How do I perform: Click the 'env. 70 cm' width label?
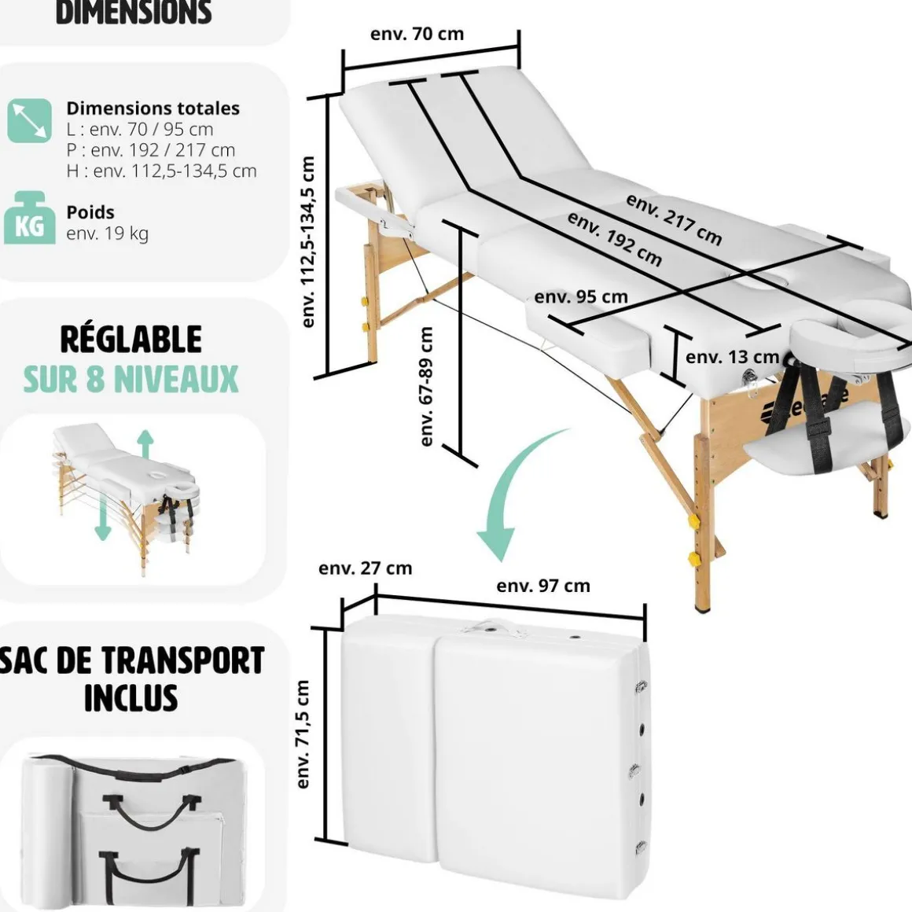click(417, 34)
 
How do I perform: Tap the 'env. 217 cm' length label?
click(674, 219)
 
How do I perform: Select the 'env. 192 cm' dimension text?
click(615, 239)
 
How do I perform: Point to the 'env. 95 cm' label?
click(581, 297)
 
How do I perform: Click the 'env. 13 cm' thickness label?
click(732, 357)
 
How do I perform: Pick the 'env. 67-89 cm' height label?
click(427, 386)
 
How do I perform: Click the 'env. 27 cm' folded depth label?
click(365, 568)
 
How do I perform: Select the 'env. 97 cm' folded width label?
click(542, 586)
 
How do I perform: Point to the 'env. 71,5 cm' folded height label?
click(303, 734)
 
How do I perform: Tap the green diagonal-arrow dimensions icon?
click(30, 120)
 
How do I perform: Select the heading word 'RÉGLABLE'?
click(131, 340)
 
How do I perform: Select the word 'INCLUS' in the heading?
click(131, 697)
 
